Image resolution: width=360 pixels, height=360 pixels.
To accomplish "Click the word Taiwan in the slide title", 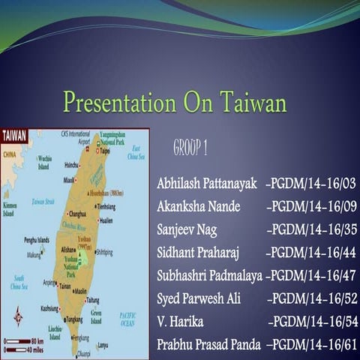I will point(253,102).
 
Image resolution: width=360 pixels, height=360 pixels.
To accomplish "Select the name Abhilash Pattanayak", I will point(206,184).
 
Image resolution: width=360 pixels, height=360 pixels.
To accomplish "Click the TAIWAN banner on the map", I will point(15,136).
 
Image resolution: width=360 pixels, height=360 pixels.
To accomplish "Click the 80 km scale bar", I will point(22,341).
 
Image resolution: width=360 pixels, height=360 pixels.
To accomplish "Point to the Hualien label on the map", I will point(105,220).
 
